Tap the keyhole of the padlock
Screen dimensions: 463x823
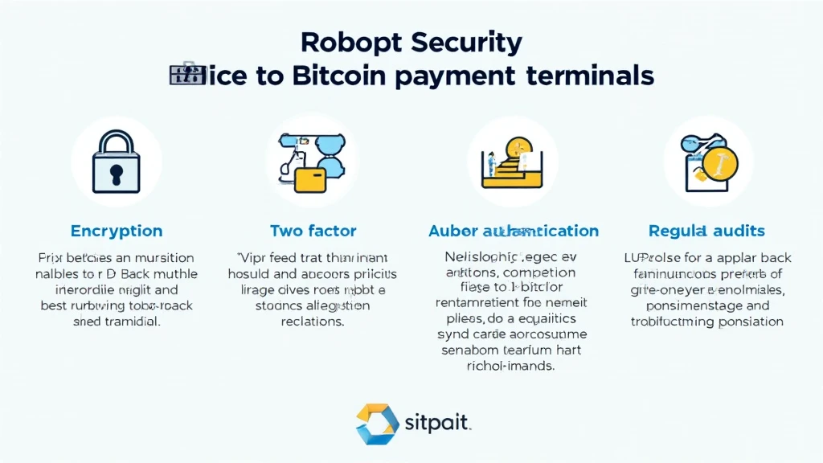point(116,171)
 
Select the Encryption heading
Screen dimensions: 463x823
point(116,231)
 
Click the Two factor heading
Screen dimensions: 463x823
point(313,231)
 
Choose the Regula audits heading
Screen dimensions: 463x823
point(707,231)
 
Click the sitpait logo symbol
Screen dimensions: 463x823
point(377,424)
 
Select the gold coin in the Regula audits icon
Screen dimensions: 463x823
point(719,163)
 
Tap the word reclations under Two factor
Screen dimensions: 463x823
point(313,322)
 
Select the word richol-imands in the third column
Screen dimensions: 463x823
point(513,367)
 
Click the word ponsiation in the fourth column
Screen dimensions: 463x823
point(744,322)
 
